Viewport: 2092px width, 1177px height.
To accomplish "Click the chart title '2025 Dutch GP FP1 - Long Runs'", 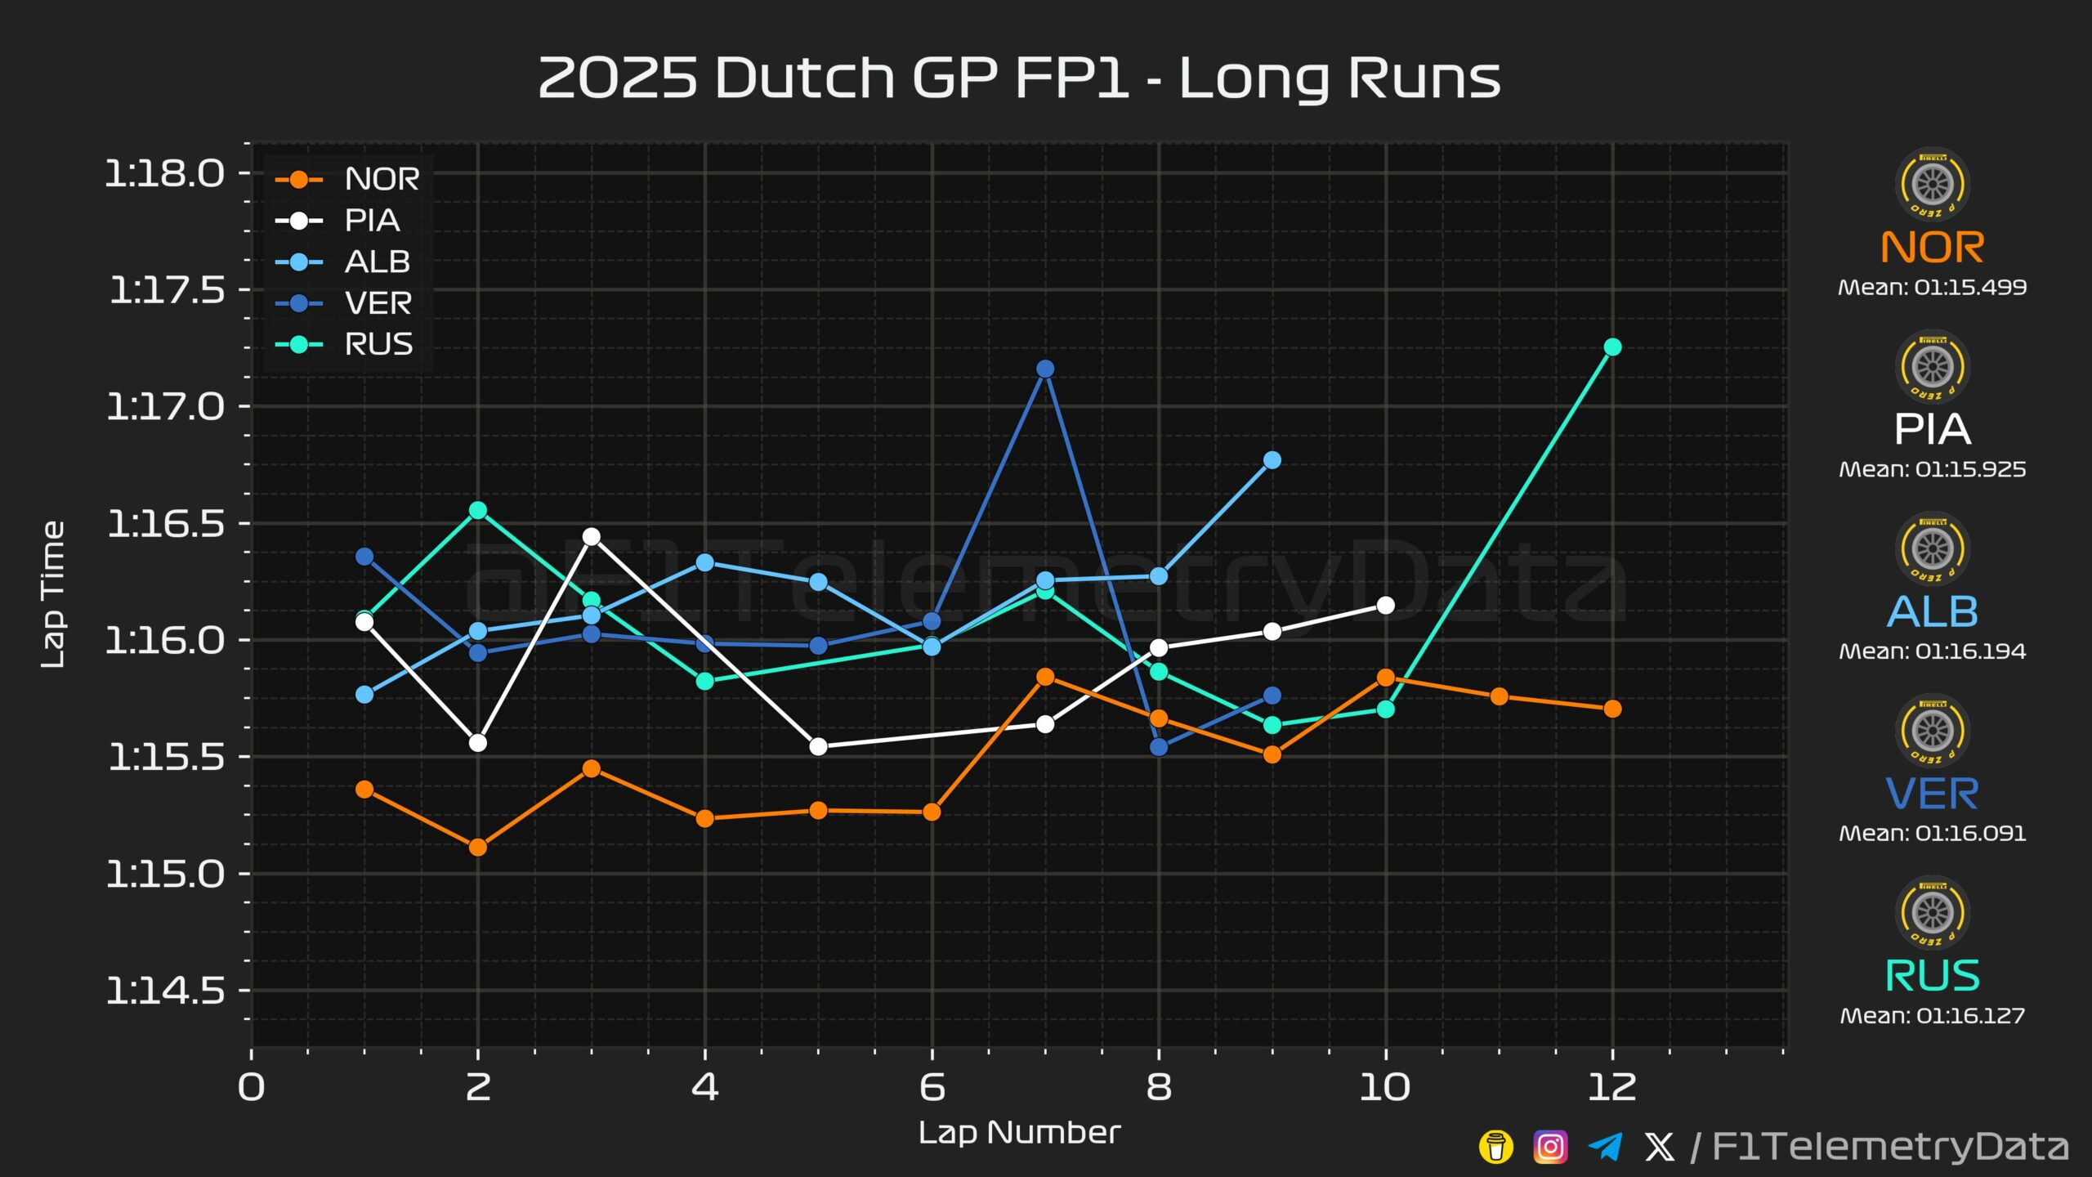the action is (1019, 78).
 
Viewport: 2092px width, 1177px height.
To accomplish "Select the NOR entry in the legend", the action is (347, 179).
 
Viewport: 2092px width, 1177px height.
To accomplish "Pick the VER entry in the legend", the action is (343, 303).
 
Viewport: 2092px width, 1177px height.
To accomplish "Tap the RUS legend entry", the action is (344, 345).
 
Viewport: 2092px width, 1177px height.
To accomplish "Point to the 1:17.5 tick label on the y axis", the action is (167, 290).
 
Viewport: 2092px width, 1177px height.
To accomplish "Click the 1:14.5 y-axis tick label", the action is (165, 991).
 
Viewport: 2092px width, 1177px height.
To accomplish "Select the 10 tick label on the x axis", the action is (1385, 1088).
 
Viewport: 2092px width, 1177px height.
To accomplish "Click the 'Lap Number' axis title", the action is (1019, 1133).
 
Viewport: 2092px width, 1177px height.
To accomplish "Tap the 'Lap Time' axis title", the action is (53, 595).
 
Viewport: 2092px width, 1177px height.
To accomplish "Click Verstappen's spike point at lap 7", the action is (1045, 369).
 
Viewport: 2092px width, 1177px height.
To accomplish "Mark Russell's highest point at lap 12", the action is (1612, 347).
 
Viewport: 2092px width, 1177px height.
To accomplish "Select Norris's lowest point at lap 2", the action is (478, 848).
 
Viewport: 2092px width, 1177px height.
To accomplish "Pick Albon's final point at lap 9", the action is (1272, 460).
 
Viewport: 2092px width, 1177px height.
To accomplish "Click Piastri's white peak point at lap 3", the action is (592, 537).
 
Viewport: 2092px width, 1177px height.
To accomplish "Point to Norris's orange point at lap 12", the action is (1612, 709).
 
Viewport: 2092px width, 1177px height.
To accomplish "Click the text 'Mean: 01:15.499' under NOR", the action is (1933, 288).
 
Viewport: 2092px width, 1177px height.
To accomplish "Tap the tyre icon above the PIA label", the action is (1933, 367).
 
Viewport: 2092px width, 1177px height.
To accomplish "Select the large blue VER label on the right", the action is (1933, 794).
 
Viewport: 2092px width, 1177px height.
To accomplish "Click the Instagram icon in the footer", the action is (1550, 1147).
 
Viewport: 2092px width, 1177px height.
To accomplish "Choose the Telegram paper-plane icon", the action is (1606, 1147).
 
